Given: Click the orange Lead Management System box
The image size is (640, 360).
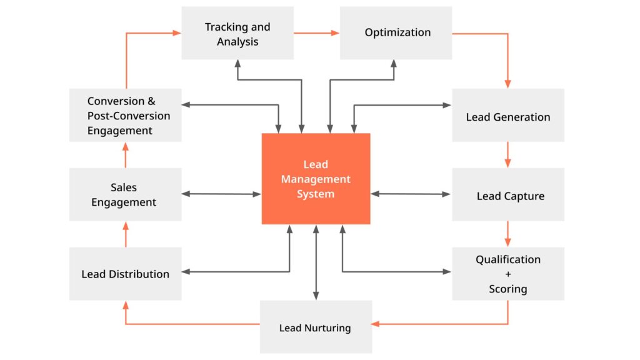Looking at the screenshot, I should pyautogui.click(x=316, y=179).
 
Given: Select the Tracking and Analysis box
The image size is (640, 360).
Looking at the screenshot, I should pyautogui.click(x=237, y=33).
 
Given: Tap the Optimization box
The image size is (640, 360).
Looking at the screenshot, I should pyautogui.click(x=396, y=33).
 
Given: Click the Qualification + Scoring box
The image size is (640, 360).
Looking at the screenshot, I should pyautogui.click(x=508, y=274).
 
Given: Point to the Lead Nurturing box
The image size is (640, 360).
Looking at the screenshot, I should pyautogui.click(x=316, y=327).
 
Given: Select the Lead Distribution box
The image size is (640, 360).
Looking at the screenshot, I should pyautogui.click(x=126, y=274).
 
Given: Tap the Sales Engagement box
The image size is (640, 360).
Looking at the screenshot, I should pyautogui.click(x=126, y=194).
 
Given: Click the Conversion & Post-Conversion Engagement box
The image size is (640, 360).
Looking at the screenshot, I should pyautogui.click(x=126, y=115).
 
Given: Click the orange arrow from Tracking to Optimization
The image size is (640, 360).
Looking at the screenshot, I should pyautogui.click(x=316, y=33).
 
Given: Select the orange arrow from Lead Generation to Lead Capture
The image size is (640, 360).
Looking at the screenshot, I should pyautogui.click(x=507, y=154).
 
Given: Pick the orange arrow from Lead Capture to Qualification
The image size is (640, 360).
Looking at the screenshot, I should pyautogui.click(x=507, y=234).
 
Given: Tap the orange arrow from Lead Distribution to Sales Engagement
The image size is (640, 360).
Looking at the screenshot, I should pyautogui.click(x=126, y=234).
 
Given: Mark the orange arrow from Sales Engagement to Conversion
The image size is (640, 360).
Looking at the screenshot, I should pyautogui.click(x=126, y=154).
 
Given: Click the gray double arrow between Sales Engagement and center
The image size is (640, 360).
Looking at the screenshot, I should pyautogui.click(x=221, y=194).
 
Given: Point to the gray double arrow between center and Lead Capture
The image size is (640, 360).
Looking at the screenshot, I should pyautogui.click(x=411, y=194).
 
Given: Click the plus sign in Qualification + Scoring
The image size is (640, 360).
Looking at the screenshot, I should pyautogui.click(x=508, y=274).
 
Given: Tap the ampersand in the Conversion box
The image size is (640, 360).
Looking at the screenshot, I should pyautogui.click(x=151, y=101).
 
